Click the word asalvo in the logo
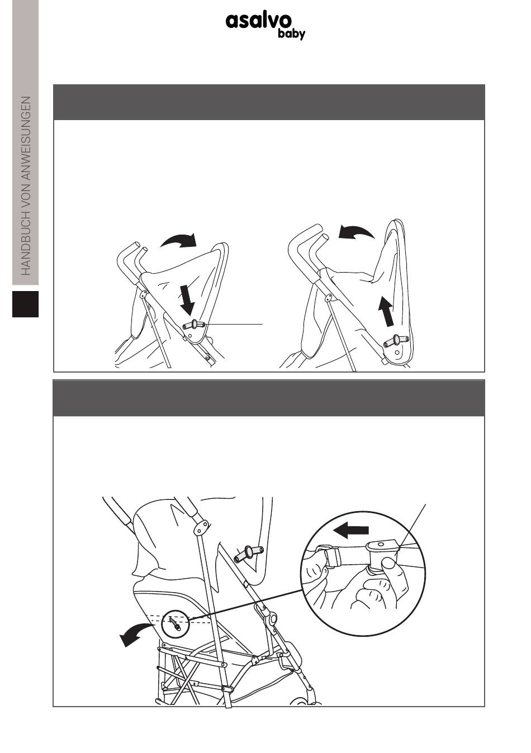[258, 22]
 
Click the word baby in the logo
[291, 34]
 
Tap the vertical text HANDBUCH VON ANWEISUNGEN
[26, 186]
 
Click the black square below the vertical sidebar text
[26, 304]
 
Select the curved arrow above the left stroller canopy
[178, 240]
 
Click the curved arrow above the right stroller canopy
[357, 232]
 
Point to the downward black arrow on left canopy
[187, 299]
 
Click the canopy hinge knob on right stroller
[397, 341]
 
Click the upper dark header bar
[269, 102]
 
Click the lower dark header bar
[269, 398]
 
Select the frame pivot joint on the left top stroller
[144, 294]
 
